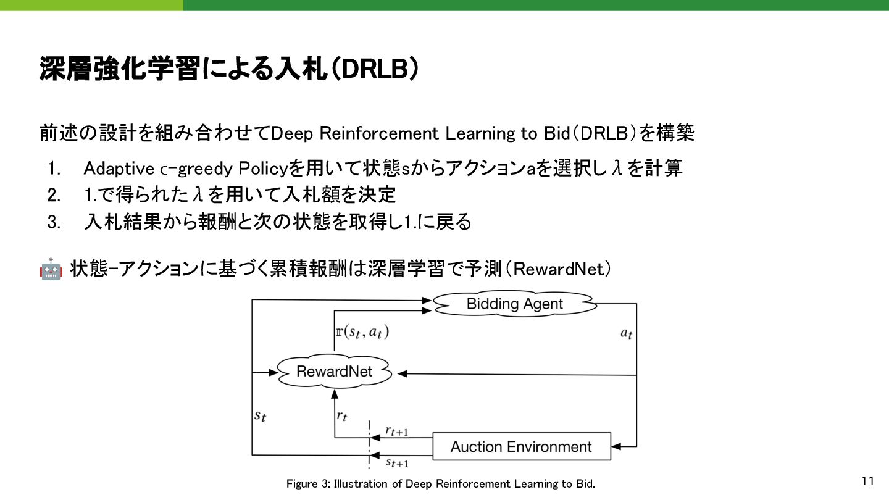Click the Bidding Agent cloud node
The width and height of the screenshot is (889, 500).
pyautogui.click(x=514, y=304)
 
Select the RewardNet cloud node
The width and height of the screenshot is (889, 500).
pyautogui.click(x=335, y=371)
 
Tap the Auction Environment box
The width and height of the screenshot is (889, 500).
pyautogui.click(x=521, y=446)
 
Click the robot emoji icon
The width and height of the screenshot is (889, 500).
pyautogui.click(x=51, y=270)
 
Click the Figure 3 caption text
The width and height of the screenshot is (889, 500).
pyautogui.click(x=440, y=484)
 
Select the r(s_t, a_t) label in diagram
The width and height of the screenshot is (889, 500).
pyautogui.click(x=362, y=332)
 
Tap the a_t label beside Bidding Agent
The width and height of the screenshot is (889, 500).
pyautogui.click(x=626, y=333)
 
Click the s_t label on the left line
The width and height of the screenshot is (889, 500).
pyautogui.click(x=261, y=415)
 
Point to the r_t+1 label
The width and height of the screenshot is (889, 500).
pyautogui.click(x=396, y=431)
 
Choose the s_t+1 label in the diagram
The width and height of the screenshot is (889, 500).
pyautogui.click(x=397, y=462)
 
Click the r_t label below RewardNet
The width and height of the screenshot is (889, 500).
pyautogui.click(x=341, y=415)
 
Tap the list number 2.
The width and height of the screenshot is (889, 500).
pyautogui.click(x=54, y=195)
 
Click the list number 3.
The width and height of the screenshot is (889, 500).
pyautogui.click(x=54, y=222)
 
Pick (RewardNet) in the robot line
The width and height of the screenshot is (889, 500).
pyautogui.click(x=558, y=270)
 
